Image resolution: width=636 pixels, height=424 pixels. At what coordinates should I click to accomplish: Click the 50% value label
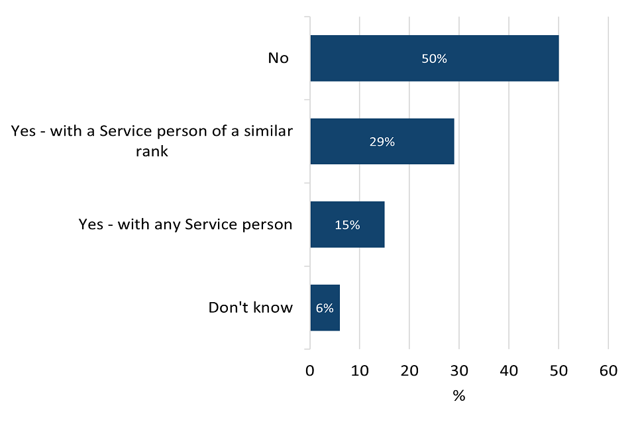click(x=435, y=58)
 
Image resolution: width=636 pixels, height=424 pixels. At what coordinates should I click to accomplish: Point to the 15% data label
click(x=347, y=225)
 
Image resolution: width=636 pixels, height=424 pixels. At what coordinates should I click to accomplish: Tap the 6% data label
click(x=325, y=307)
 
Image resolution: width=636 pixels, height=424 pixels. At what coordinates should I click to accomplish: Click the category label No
click(x=278, y=58)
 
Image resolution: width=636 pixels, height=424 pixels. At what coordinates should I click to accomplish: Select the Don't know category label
click(x=250, y=307)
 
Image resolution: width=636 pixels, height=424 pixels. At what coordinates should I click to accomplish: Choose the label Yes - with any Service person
click(x=185, y=225)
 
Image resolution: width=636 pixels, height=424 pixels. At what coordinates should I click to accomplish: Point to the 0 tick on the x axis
click(x=310, y=371)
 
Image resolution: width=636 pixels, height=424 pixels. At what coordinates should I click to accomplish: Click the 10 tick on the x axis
click(x=360, y=371)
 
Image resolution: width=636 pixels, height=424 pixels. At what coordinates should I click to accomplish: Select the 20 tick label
click(x=409, y=371)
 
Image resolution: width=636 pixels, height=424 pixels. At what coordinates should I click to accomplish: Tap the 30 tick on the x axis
click(x=459, y=371)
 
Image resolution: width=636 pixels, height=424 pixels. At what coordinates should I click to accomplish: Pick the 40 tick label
click(x=509, y=371)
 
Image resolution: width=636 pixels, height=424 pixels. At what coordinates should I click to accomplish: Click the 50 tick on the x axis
click(x=558, y=371)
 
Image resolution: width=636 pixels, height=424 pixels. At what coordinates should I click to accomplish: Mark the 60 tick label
click(x=608, y=371)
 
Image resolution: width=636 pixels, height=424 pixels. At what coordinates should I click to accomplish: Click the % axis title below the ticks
click(x=459, y=396)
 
